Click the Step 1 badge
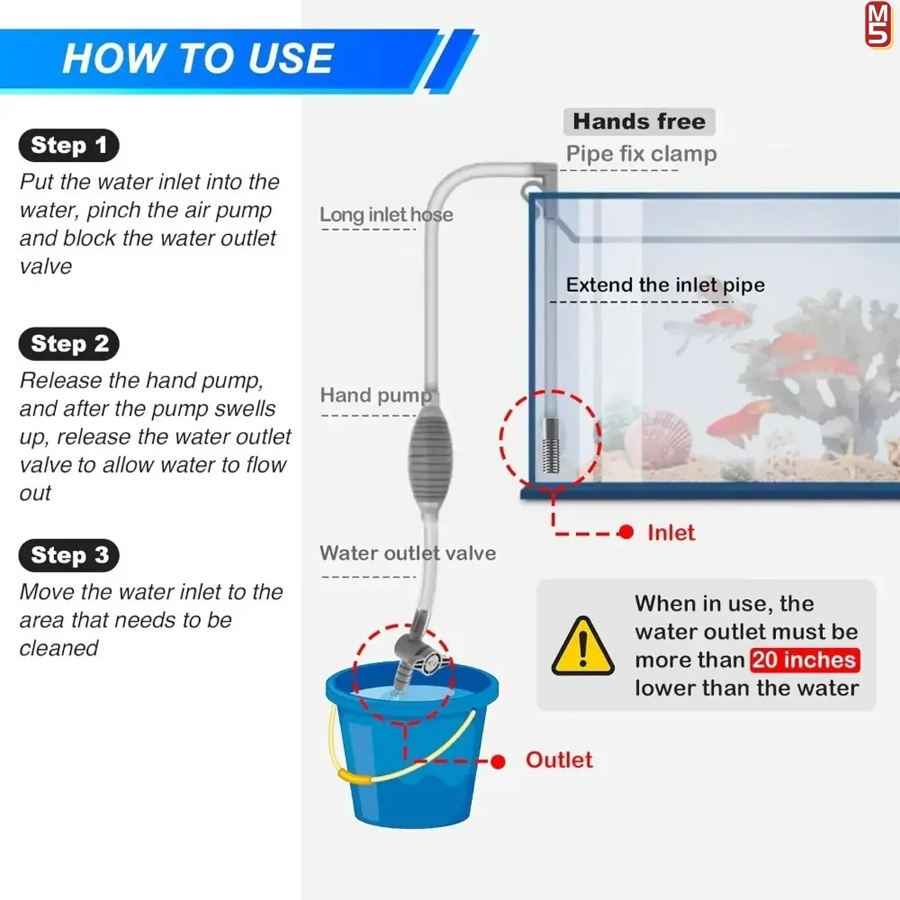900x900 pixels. [x=69, y=145]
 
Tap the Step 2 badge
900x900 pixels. [x=69, y=344]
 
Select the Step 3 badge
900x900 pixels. [x=69, y=555]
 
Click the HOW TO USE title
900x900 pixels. [x=198, y=58]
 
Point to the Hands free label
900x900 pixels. [x=639, y=121]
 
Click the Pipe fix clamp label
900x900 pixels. [x=641, y=154]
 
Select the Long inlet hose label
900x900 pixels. [x=386, y=215]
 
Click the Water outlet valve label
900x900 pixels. [x=408, y=553]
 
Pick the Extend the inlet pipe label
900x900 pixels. [x=665, y=284]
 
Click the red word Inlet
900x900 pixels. [x=671, y=533]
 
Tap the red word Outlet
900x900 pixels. [x=559, y=760]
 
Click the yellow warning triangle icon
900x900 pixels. [x=582, y=646]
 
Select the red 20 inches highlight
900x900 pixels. [x=804, y=660]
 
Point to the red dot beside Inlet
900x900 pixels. [x=626, y=532]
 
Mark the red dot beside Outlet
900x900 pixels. [x=498, y=761]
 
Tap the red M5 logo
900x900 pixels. [x=878, y=24]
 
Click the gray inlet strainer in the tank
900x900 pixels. [x=551, y=445]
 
